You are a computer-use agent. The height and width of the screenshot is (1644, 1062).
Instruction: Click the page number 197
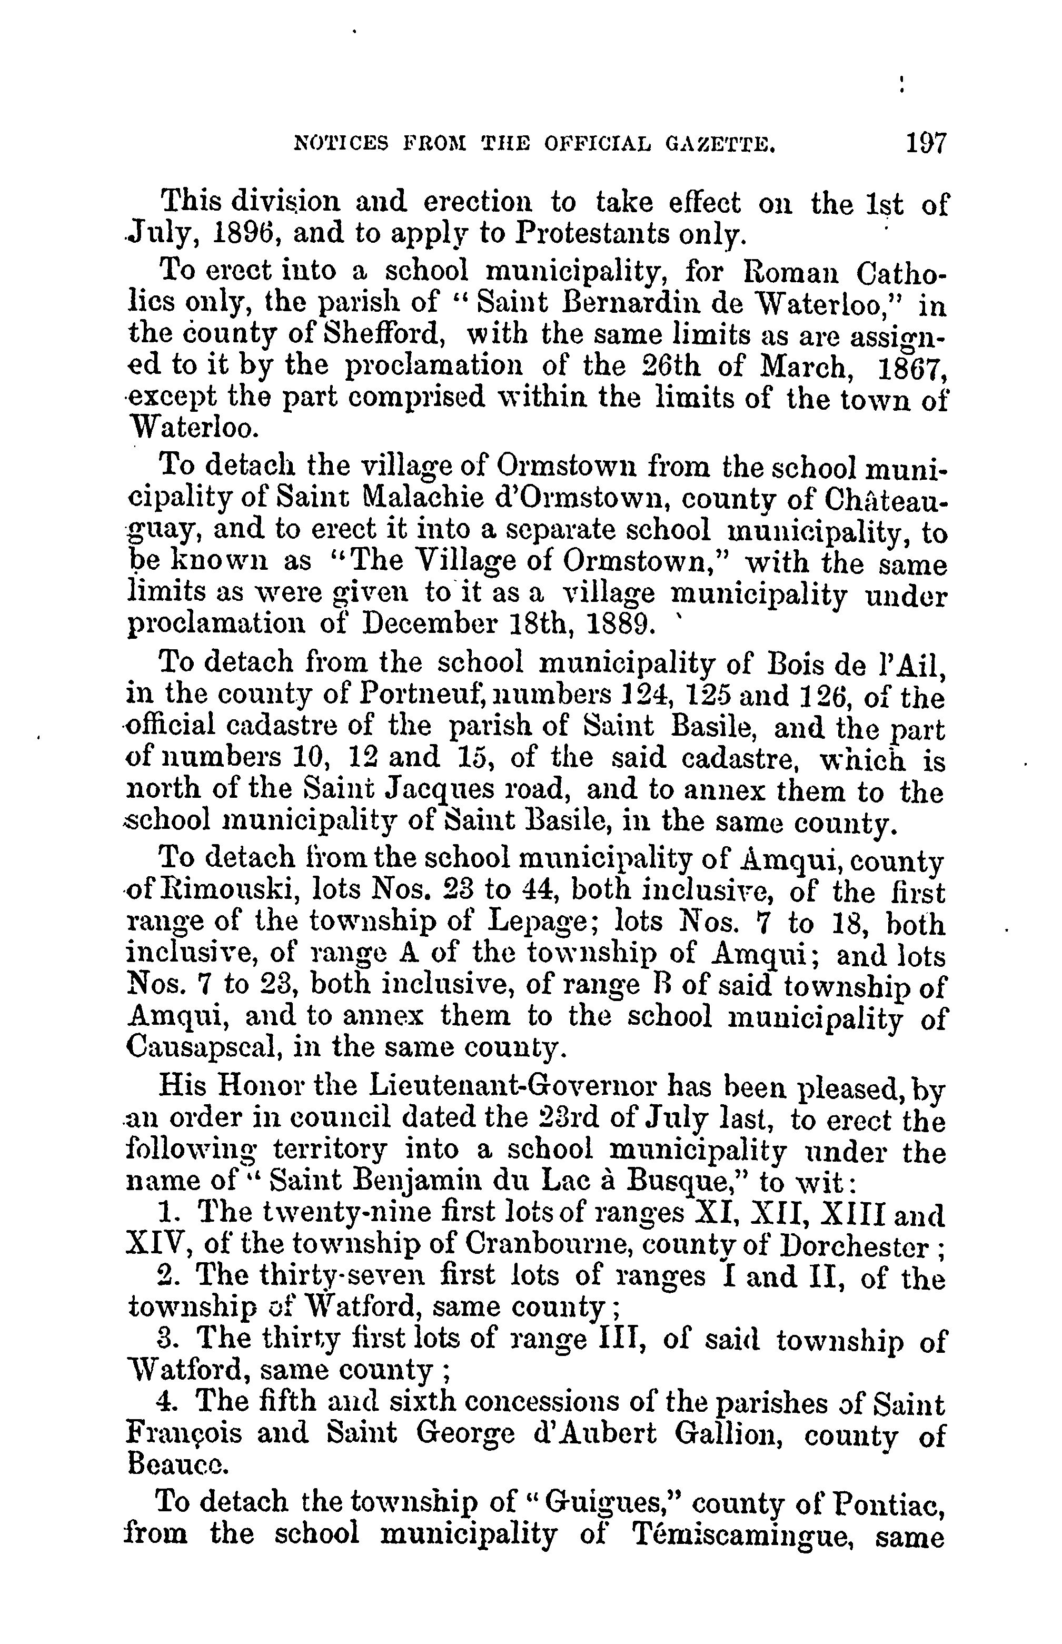928,144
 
